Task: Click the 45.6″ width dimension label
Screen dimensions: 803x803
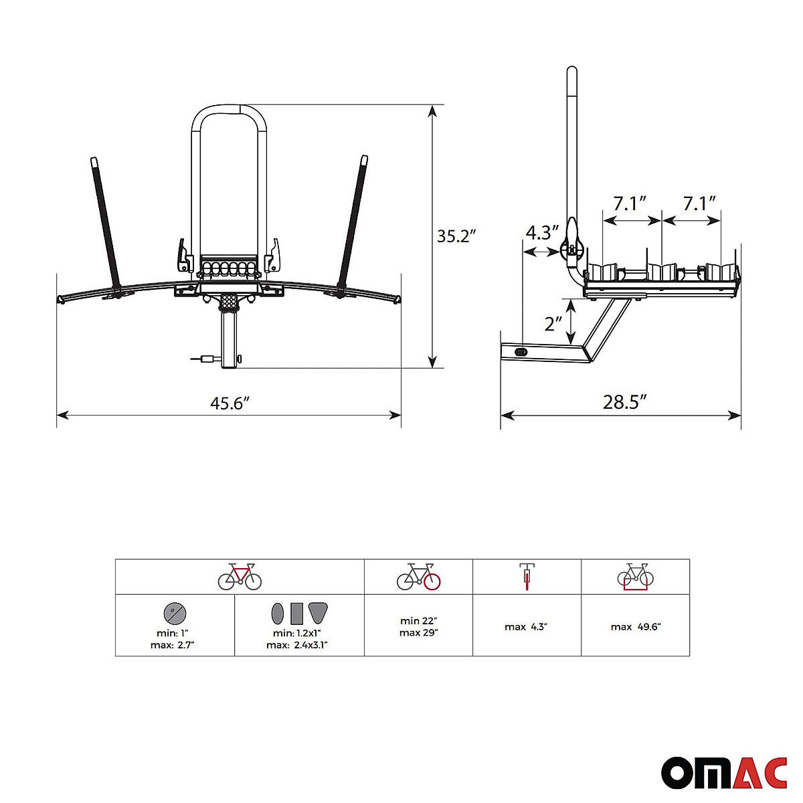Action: [230, 404]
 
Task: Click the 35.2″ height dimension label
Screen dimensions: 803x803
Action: [456, 236]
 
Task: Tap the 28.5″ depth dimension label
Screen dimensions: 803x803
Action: [624, 402]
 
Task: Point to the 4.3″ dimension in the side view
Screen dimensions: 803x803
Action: [541, 233]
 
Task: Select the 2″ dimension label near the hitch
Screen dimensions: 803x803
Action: [553, 324]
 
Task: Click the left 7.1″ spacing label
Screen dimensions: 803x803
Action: [630, 203]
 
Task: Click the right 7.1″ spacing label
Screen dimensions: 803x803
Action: [699, 203]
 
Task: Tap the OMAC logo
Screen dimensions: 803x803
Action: [724, 774]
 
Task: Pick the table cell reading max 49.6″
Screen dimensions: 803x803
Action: [635, 627]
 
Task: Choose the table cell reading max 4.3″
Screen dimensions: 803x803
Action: [526, 627]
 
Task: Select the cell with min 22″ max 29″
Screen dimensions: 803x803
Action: [418, 626]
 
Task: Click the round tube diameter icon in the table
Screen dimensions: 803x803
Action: [175, 612]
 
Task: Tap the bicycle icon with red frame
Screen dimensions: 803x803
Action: [240, 576]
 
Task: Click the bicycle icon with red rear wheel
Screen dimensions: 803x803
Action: [418, 576]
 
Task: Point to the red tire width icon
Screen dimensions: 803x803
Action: [527, 576]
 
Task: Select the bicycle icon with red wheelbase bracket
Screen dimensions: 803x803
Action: [635, 576]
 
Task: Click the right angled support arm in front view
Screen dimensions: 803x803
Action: [353, 221]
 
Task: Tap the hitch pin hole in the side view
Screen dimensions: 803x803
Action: [521, 352]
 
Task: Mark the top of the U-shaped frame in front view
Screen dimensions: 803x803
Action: [230, 107]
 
